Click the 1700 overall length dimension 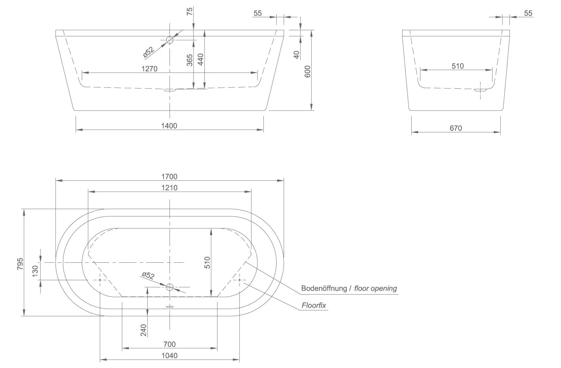169,177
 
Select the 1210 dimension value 169,188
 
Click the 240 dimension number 144,330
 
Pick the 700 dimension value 169,344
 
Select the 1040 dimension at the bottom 169,356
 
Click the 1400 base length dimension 169,126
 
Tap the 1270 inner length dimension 149,69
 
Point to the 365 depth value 189,60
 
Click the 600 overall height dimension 307,71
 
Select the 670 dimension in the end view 456,128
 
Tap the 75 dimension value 190,11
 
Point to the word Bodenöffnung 324,288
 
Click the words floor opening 376,288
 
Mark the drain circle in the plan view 170,287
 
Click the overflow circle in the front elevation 170,41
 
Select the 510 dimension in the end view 458,66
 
